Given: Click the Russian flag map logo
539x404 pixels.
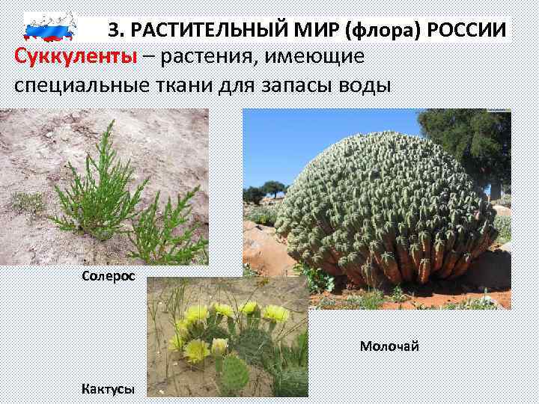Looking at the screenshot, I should pos(50,26).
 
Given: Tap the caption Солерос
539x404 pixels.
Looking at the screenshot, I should pos(109,276).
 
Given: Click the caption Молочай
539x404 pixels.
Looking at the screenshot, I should pos(389,346).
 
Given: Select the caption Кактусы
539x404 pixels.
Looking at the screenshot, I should pos(109,388).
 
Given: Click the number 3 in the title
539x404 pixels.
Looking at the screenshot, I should pos(114,29).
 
